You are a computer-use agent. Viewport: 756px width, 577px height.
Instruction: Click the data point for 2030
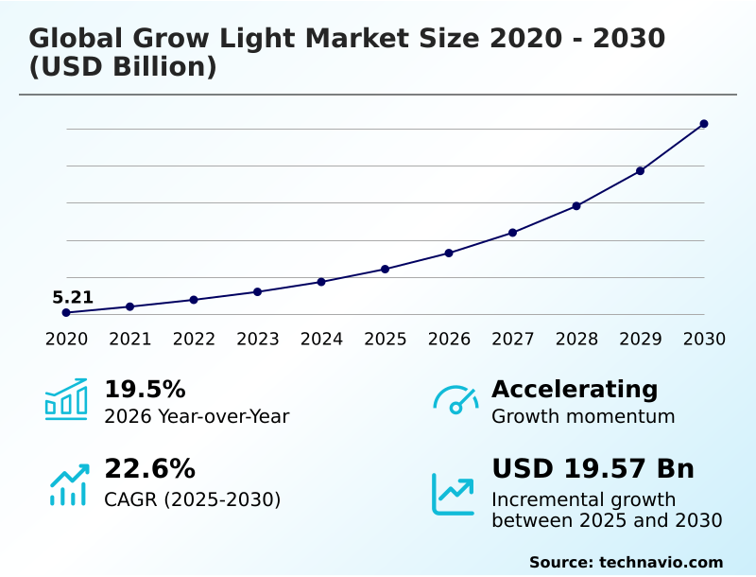tap(704, 124)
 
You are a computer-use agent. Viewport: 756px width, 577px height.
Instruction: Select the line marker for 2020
tap(66, 313)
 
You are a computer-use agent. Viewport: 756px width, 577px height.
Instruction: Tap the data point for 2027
tap(512, 233)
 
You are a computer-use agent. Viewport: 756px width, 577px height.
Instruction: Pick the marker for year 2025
tap(385, 270)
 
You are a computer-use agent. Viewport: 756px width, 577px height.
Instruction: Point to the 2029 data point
tap(640, 171)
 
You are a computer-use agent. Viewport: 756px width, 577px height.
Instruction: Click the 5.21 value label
tap(73, 298)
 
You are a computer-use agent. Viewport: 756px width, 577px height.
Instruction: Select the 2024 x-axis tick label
tap(321, 340)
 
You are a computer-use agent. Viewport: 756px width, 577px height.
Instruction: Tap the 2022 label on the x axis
tap(194, 340)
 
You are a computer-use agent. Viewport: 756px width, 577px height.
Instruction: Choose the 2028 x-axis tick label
tap(576, 340)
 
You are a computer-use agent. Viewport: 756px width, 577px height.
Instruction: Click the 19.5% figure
tap(145, 390)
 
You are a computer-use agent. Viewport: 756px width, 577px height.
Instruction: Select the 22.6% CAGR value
tap(149, 469)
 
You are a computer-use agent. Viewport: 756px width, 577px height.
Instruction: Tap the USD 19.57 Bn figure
tap(593, 469)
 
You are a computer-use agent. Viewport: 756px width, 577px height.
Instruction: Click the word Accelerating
tap(575, 390)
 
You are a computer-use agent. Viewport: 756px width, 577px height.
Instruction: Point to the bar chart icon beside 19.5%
tap(66, 399)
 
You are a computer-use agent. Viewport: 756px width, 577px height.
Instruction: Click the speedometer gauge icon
tap(455, 399)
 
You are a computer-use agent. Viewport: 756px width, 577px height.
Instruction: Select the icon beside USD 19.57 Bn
tap(454, 494)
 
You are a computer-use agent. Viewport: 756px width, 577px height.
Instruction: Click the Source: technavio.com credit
tap(626, 562)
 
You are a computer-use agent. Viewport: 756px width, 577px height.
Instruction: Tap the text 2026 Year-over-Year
tap(197, 417)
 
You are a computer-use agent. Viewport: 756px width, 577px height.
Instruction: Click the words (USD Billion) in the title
tap(123, 68)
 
